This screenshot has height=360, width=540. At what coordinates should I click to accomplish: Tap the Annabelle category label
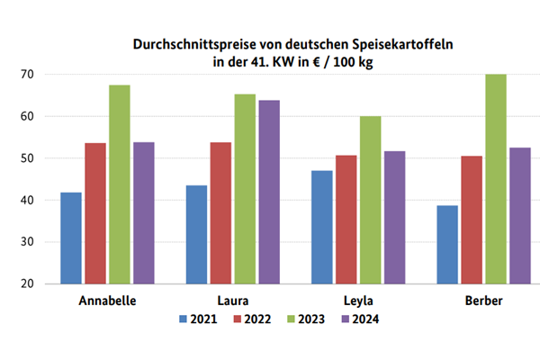107,301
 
